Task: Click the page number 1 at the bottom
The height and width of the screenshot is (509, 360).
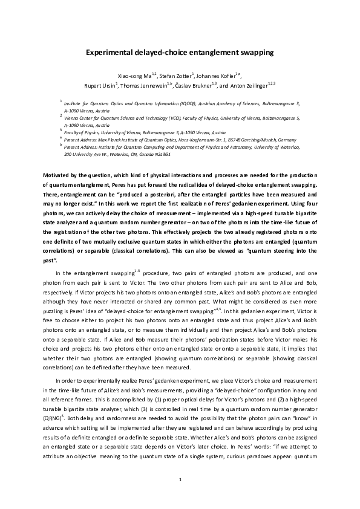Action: pos(180,480)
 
